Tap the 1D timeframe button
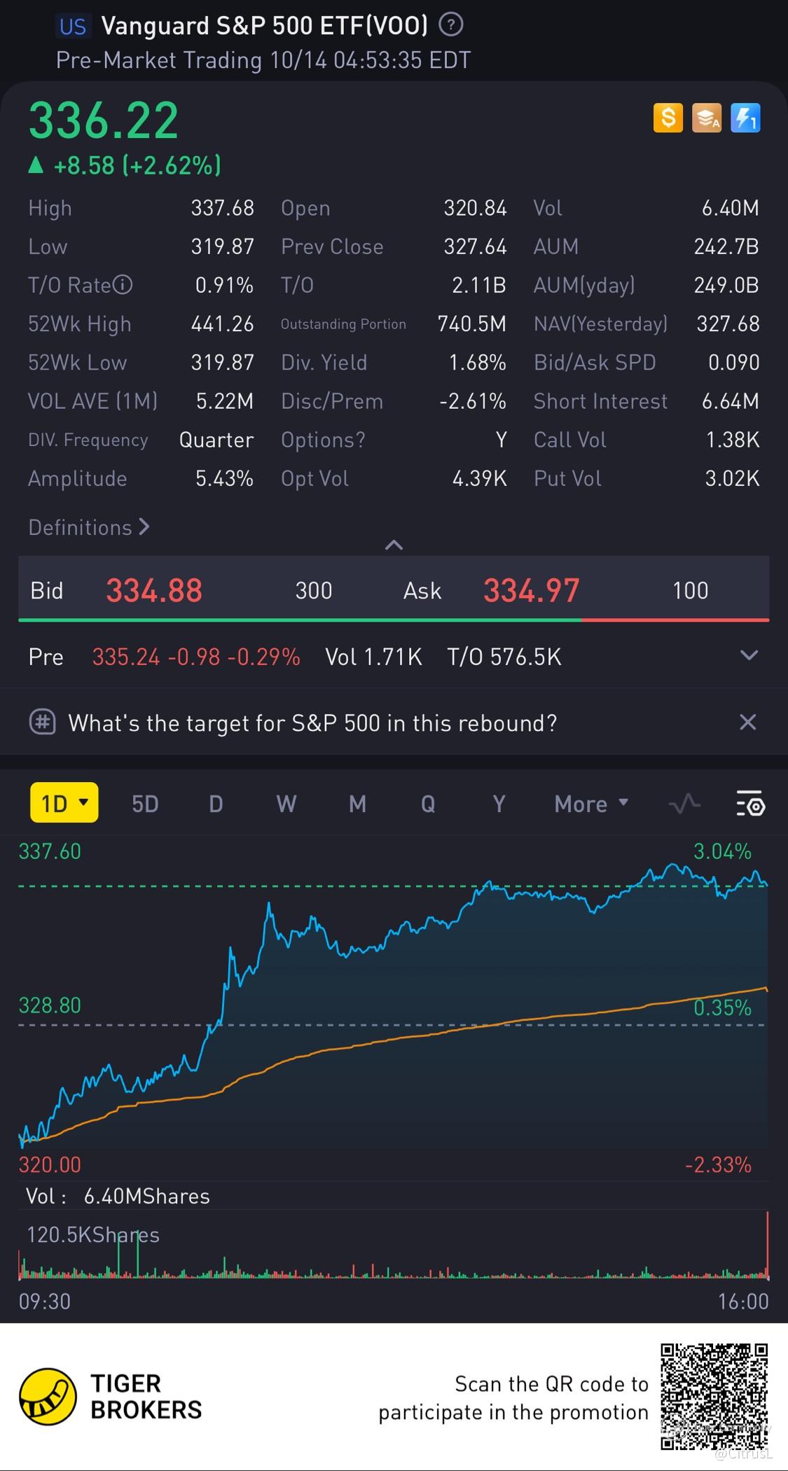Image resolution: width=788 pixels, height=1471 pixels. tap(64, 803)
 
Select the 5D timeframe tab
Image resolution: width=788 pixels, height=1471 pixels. tap(145, 804)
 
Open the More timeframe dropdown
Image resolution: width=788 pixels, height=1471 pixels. tap(590, 804)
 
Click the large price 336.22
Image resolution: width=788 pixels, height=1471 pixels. tap(104, 121)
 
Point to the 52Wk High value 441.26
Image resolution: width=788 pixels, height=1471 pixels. tap(222, 323)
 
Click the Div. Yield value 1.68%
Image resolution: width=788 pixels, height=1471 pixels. tap(477, 362)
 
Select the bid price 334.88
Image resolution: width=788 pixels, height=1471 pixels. tap(154, 590)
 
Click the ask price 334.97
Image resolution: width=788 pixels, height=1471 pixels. tap(531, 590)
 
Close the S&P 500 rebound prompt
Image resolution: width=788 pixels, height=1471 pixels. tap(747, 722)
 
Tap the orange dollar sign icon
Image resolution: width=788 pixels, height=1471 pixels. tap(668, 118)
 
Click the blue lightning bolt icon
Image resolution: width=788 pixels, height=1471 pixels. tap(745, 118)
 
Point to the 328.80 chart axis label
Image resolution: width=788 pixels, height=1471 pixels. tap(50, 1005)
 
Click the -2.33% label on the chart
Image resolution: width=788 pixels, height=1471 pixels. tap(718, 1164)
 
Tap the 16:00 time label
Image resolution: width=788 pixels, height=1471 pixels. tap(742, 1302)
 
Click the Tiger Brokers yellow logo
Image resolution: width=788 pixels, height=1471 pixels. tap(48, 1397)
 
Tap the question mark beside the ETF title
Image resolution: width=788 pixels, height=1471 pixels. tap(450, 26)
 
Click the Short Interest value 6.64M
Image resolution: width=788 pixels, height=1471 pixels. tap(730, 401)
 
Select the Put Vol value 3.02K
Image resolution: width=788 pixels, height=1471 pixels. tap(731, 478)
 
